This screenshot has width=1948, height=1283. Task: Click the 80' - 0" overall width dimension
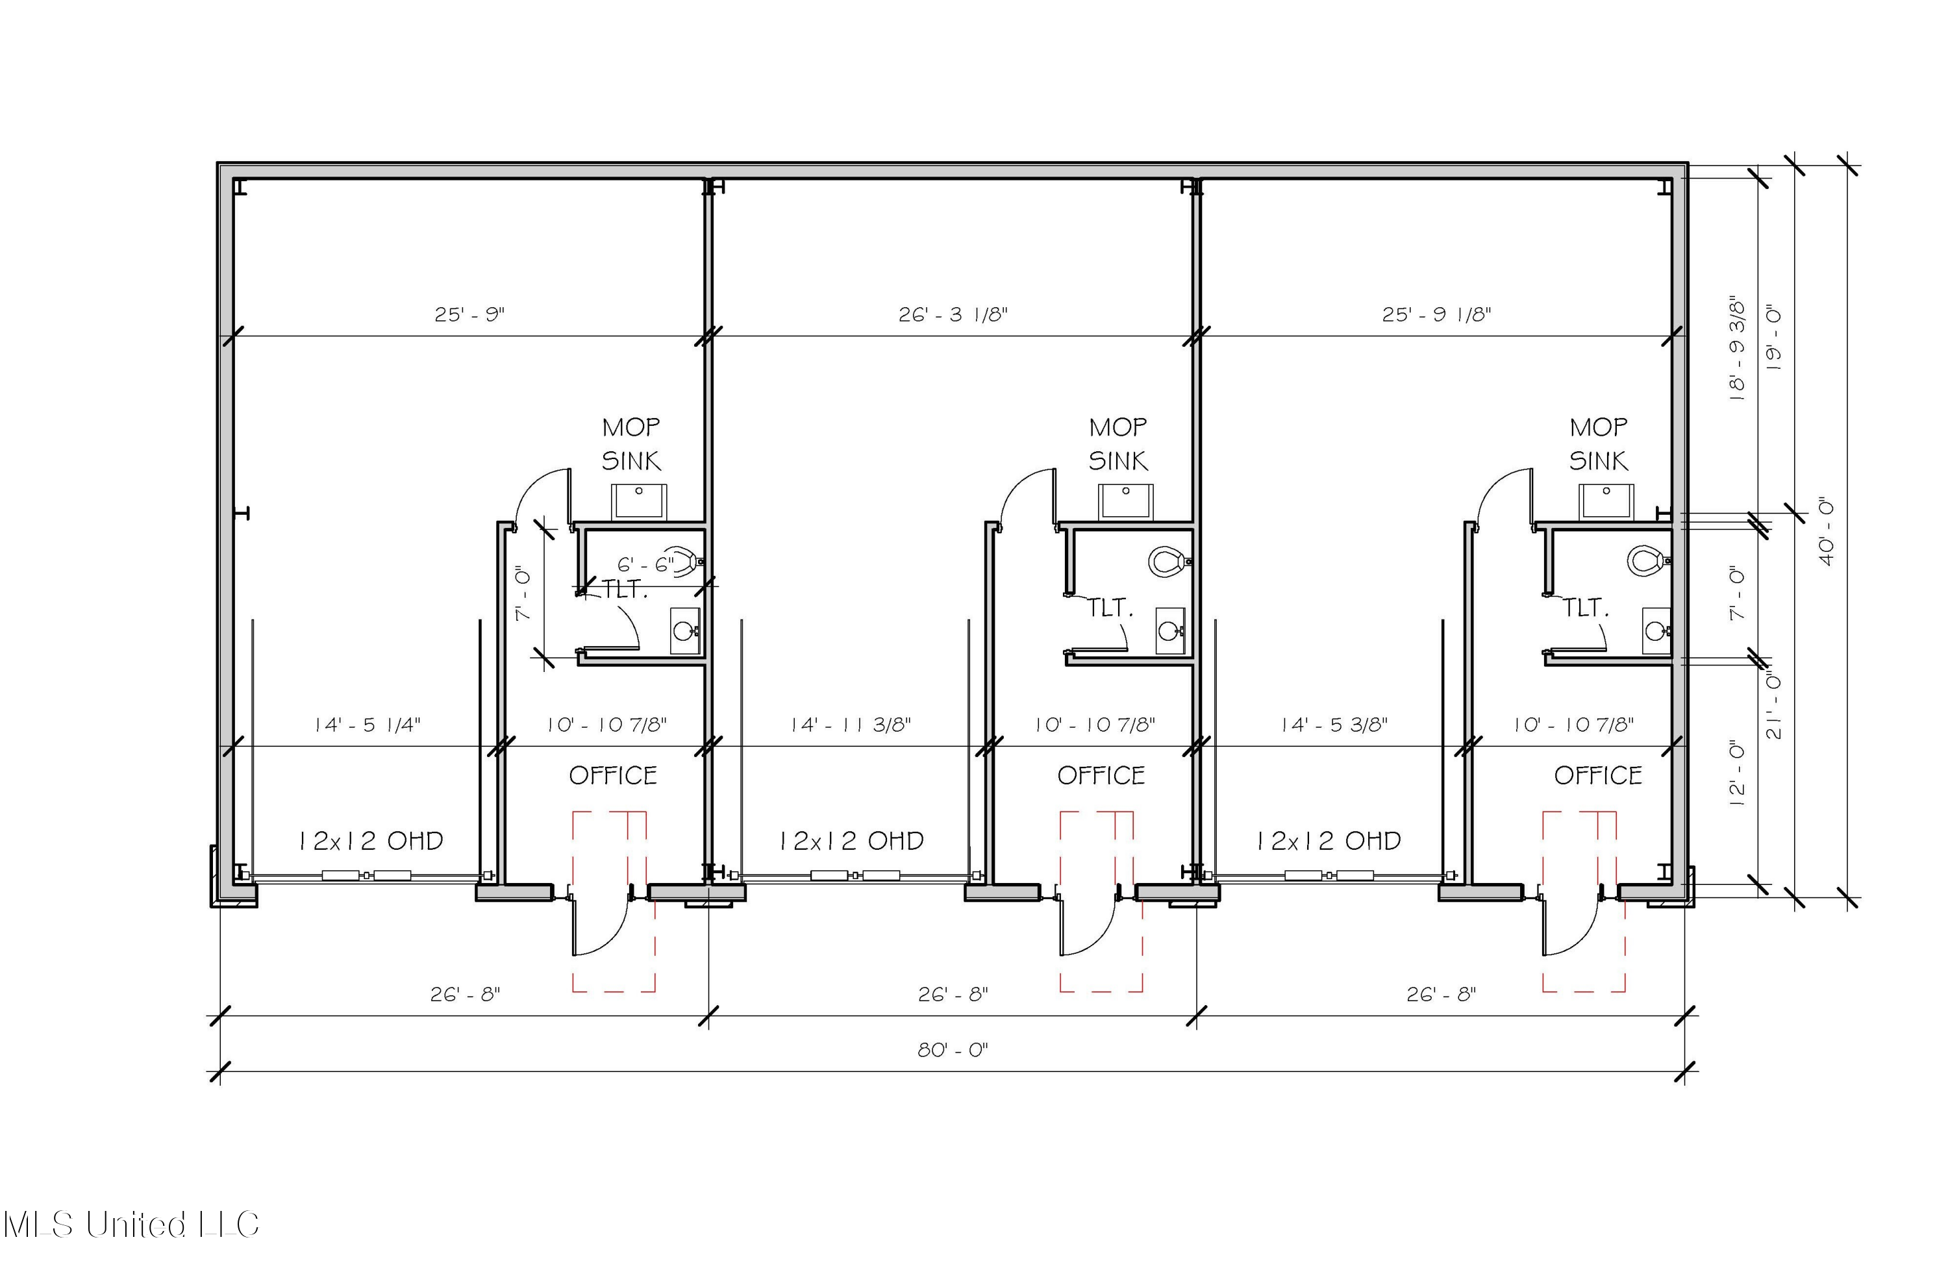(x=953, y=1050)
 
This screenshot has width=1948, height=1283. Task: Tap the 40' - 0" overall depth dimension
(x=1826, y=532)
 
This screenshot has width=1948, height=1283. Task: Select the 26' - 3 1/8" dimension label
(x=953, y=314)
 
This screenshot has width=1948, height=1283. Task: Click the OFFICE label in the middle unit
(x=1101, y=776)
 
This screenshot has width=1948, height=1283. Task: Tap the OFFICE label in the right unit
(x=1598, y=776)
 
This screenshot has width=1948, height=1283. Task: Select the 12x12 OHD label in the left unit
(x=370, y=840)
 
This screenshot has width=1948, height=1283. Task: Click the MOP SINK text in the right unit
(x=1599, y=444)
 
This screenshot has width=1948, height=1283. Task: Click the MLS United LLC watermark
(x=131, y=1225)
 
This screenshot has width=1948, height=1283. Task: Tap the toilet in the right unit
(x=1647, y=561)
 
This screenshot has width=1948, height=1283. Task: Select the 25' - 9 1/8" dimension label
(x=1436, y=314)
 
